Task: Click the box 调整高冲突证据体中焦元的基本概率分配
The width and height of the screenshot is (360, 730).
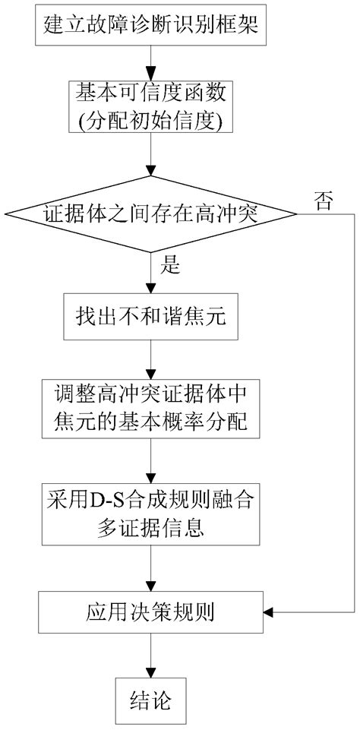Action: tap(155, 408)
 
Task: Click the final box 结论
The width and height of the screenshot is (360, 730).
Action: tap(155, 695)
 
